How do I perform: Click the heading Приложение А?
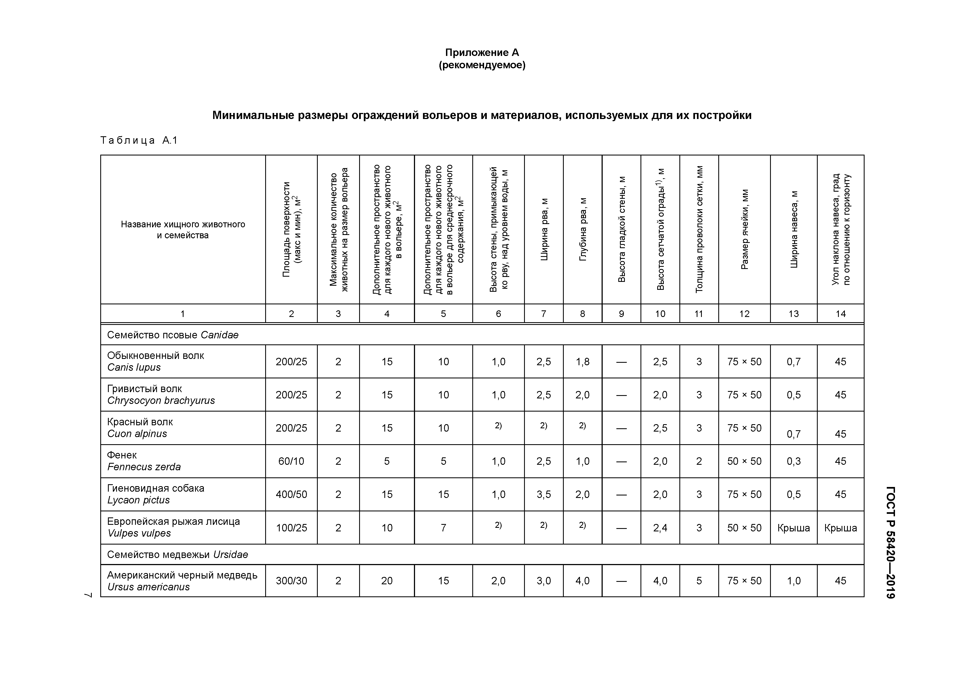482,52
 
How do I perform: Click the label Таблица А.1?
139,140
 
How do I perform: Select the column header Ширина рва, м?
544,229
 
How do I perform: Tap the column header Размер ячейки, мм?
744,229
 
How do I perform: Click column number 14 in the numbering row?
840,314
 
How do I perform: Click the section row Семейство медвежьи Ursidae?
178,554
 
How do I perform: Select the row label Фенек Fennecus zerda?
144,461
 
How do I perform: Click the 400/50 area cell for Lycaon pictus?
291,494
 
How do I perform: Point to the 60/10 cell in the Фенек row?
291,461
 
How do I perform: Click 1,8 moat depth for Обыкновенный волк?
582,362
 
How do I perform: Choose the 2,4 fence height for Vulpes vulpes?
660,528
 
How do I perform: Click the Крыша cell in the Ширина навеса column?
794,528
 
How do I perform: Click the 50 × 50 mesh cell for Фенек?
744,461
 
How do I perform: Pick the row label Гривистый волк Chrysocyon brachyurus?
161,395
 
